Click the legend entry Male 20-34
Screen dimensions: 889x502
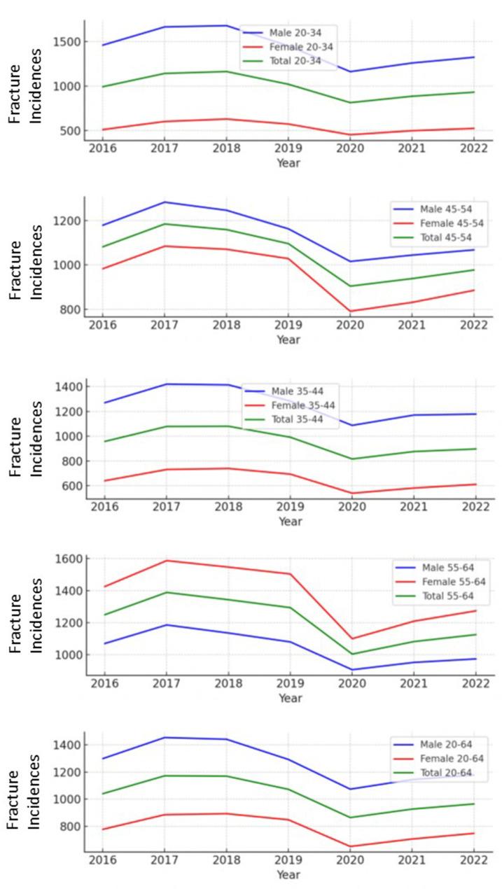click(x=291, y=32)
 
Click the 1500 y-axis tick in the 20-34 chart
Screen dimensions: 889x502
click(x=67, y=42)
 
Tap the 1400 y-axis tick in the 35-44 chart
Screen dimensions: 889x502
click(x=67, y=387)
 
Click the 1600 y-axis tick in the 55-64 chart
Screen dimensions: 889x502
click(x=67, y=559)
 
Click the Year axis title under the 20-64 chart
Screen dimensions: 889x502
click(x=288, y=875)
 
